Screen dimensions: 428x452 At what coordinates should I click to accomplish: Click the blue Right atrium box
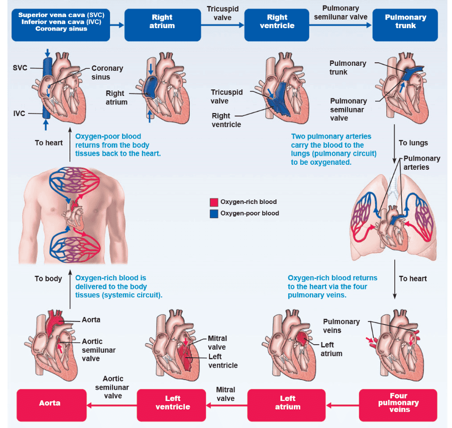[x=162, y=22]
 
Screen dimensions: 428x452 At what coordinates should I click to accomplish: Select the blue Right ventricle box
[x=277, y=22]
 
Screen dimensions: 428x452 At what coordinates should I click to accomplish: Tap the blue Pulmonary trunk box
[x=405, y=22]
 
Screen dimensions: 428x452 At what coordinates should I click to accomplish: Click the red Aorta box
[x=50, y=403]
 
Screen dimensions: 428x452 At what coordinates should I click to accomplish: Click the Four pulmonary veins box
[x=398, y=403]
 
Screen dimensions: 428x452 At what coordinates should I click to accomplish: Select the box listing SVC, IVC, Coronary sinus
[x=61, y=22]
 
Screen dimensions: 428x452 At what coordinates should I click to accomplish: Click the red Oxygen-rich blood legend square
[x=214, y=202]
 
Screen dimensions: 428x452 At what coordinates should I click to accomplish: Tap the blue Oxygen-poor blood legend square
[x=214, y=213]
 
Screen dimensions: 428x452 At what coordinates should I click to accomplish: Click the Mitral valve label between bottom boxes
[x=225, y=394]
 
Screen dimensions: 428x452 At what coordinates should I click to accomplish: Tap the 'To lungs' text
[x=413, y=143]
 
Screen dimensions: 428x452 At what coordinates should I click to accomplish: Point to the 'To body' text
[x=48, y=278]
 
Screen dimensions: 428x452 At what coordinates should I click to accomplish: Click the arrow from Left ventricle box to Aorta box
[x=112, y=403]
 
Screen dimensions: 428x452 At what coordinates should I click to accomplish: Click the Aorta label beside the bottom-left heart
[x=91, y=319]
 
